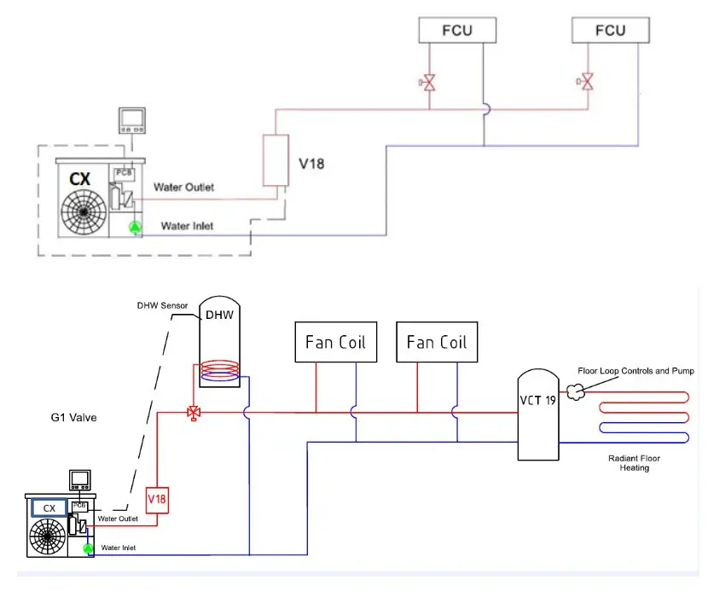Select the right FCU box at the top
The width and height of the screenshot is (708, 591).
tap(610, 31)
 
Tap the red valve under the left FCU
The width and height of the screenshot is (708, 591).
tap(429, 83)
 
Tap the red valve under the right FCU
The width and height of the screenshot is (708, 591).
tap(586, 83)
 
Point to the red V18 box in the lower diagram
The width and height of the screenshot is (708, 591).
tap(156, 498)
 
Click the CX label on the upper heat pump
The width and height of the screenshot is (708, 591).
tap(80, 180)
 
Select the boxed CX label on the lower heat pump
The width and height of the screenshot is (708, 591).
tap(49, 507)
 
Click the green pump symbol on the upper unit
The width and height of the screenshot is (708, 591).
tap(134, 227)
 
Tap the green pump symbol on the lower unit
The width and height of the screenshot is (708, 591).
tap(88, 550)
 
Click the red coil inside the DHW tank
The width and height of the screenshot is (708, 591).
tap(219, 371)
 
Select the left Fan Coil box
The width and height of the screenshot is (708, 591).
tap(335, 342)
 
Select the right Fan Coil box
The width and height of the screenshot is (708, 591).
tap(437, 342)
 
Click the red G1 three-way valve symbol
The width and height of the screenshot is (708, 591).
tap(194, 413)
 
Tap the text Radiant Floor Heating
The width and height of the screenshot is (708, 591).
tap(634, 463)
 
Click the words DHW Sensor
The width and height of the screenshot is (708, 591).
tap(162, 305)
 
